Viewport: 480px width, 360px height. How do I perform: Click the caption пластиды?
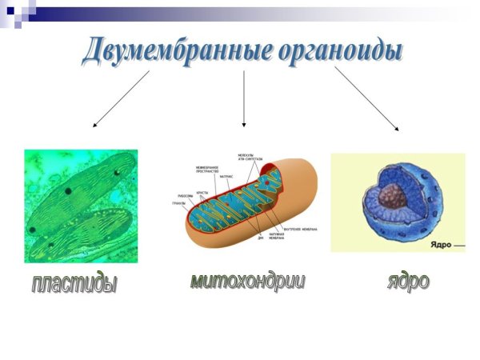(x=74, y=283)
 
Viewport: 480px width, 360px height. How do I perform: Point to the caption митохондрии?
(x=247, y=281)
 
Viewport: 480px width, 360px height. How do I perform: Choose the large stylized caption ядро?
(x=408, y=281)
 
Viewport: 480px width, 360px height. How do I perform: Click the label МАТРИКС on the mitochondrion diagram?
(x=226, y=175)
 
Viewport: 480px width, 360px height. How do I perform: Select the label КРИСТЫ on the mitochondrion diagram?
(x=202, y=193)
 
